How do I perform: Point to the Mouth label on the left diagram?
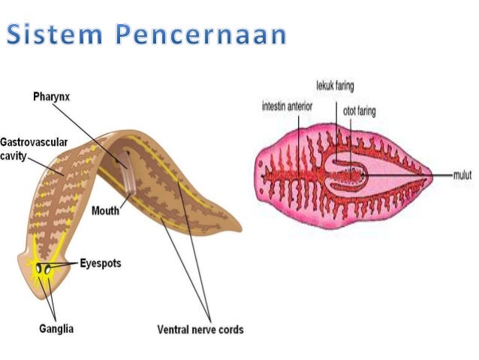[105, 211]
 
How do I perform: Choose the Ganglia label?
[56, 328]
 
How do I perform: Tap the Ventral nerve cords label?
[200, 329]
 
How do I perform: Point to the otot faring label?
[359, 112]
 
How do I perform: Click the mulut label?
[462, 174]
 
